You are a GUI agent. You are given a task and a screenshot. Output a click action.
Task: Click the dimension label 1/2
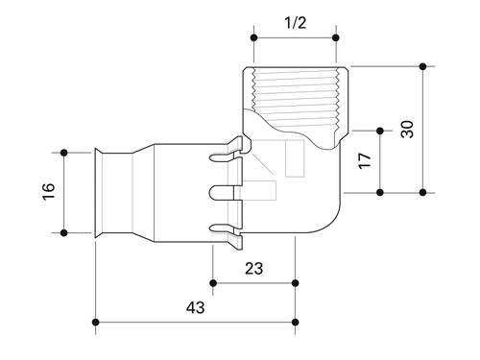295,23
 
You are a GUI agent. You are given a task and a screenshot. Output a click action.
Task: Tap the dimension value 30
407,130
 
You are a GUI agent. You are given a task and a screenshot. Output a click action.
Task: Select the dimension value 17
365,161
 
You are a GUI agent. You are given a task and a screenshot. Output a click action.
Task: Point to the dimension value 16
49,192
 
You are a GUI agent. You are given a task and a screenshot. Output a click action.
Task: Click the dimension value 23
253,269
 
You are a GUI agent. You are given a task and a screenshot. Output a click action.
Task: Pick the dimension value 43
196,307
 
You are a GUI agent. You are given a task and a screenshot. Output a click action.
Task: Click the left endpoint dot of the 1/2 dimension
254,38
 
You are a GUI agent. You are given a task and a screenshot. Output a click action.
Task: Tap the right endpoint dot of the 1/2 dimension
336,38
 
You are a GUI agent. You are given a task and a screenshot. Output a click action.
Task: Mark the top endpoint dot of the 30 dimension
423,66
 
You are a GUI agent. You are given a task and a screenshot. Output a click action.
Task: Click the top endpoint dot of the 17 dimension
380,131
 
